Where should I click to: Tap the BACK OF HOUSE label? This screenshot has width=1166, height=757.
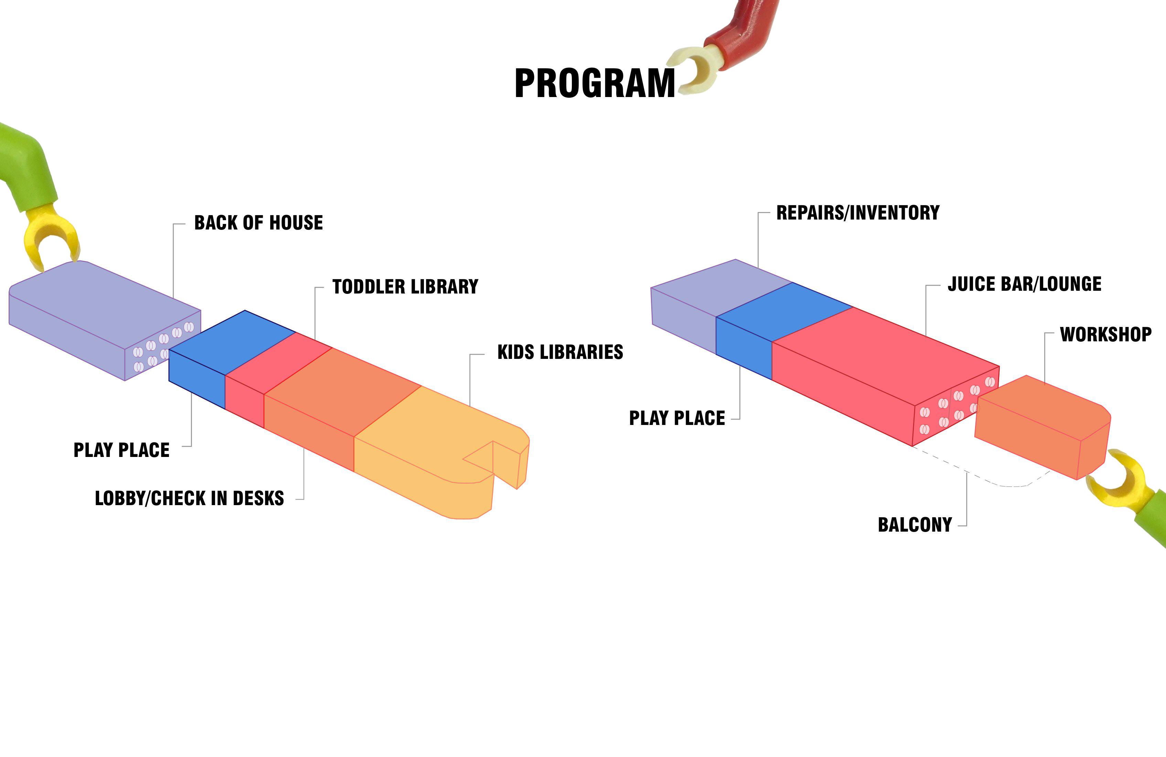click(x=259, y=222)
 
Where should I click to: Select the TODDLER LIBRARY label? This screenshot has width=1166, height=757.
click(x=405, y=287)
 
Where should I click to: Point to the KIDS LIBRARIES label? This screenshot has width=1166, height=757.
click(x=560, y=352)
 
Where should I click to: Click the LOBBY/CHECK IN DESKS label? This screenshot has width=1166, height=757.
click(x=189, y=498)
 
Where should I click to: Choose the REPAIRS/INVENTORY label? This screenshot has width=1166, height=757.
click(x=858, y=213)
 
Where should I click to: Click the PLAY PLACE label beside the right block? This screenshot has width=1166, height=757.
click(x=676, y=418)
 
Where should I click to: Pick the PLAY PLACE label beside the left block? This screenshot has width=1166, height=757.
click(x=121, y=450)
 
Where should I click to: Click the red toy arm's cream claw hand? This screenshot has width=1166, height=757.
click(x=696, y=68)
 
